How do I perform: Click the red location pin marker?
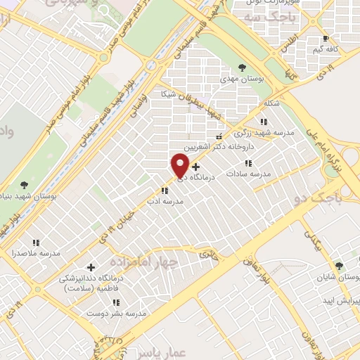click(179, 165)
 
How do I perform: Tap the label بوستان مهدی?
click(241, 79)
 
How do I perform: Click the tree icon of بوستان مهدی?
click(242, 68)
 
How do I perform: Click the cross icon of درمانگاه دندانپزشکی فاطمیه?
click(91, 267)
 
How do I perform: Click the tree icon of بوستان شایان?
click(340, 266)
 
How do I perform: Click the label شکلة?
click(271, 103)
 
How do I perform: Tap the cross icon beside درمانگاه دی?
click(195, 166)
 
